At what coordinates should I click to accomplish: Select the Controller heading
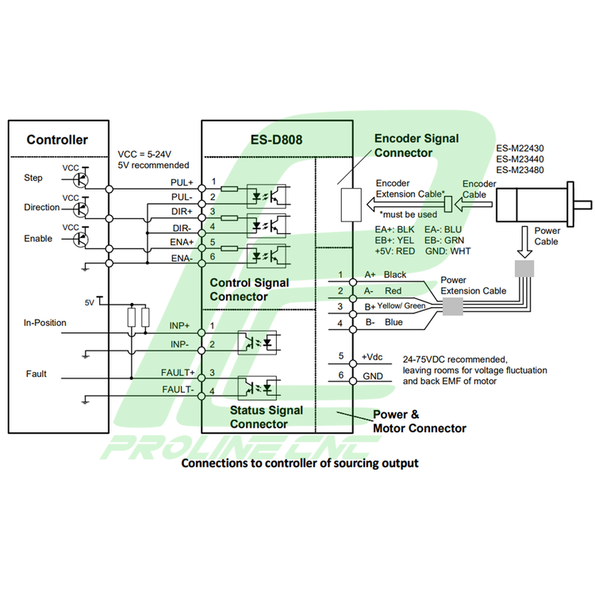57,140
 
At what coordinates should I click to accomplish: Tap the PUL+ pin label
182,183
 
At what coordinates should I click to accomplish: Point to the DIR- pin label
182,228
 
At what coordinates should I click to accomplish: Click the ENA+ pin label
182,244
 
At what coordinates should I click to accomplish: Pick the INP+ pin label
179,326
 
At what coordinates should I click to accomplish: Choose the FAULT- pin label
178,390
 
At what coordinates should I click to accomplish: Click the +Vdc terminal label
373,358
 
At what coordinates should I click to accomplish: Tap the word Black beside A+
395,274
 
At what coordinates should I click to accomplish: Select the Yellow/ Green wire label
401,306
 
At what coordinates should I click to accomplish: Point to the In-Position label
45,323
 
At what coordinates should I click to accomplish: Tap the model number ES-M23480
520,170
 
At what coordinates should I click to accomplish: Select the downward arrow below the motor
525,240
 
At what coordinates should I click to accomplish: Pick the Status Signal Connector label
267,416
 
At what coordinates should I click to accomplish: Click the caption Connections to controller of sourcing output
300,463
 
